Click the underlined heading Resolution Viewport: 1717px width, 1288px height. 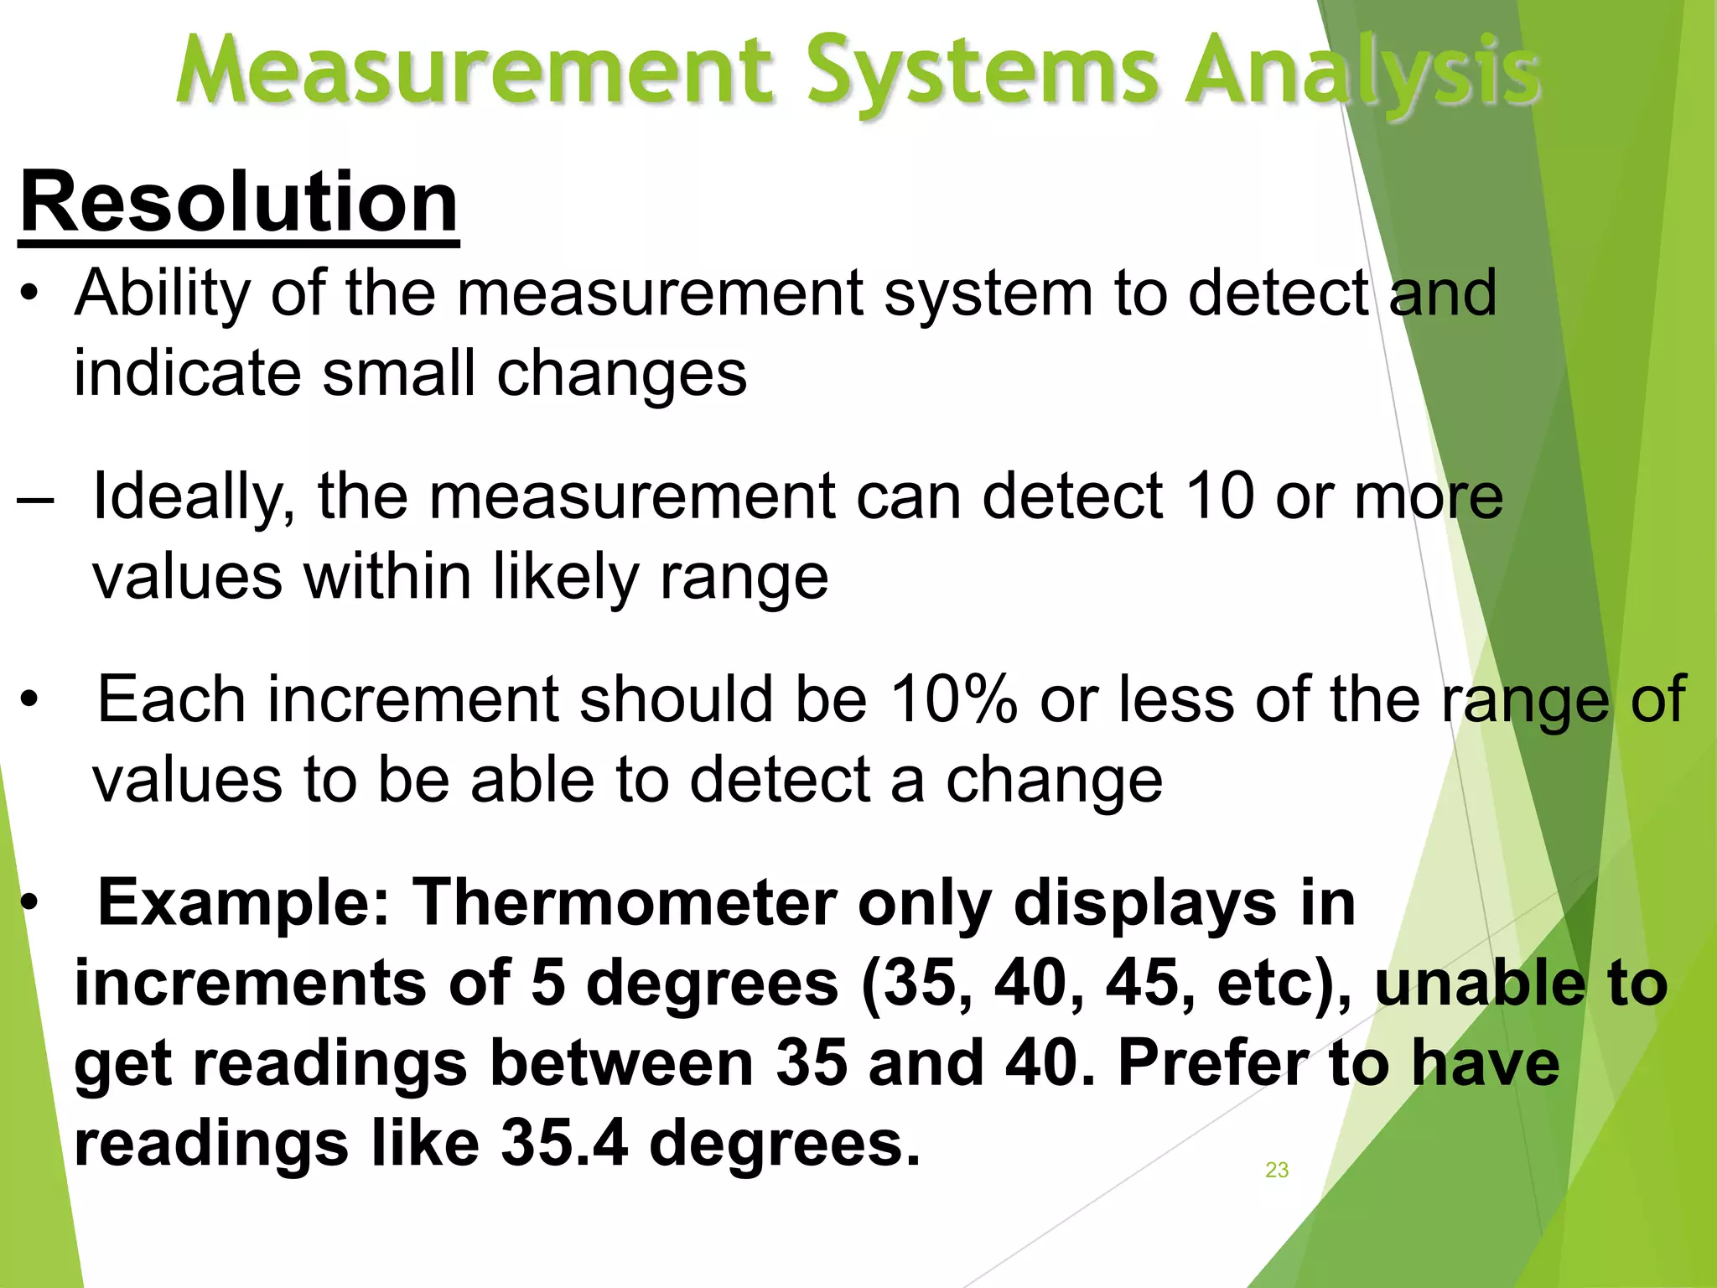click(x=239, y=204)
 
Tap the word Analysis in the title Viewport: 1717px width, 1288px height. click(x=1363, y=71)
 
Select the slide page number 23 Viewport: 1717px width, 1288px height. click(x=1276, y=1170)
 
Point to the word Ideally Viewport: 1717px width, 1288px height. click(x=194, y=496)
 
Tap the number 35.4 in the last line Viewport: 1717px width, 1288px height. click(x=564, y=1143)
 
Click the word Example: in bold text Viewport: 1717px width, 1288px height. click(x=244, y=903)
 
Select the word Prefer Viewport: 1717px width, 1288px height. click(x=1212, y=1062)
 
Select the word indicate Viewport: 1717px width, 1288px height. click(x=187, y=373)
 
